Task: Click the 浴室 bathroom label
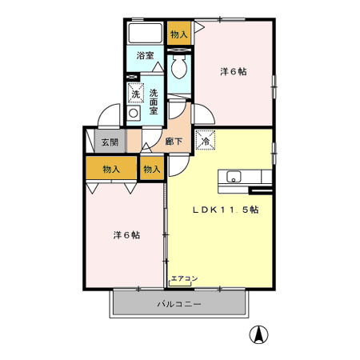145,56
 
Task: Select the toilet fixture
180,67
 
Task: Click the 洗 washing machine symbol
135,94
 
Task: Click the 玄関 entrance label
109,143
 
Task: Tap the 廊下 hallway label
173,142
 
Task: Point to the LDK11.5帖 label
224,210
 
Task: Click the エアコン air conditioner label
184,278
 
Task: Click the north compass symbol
258,335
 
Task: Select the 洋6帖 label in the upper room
234,71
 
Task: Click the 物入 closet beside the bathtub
179,34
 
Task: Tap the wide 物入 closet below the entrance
111,169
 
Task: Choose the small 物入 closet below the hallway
151,169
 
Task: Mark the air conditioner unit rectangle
184,285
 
